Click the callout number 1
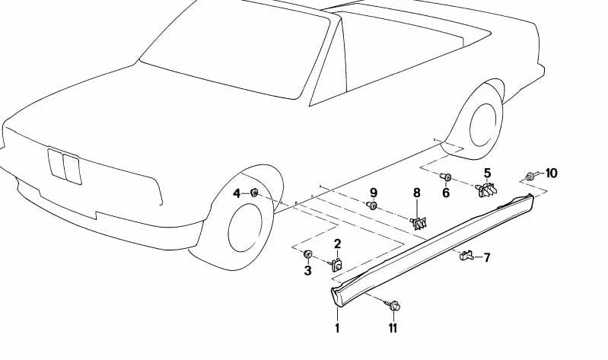337,328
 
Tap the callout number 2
337,244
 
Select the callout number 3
307,270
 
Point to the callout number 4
237,193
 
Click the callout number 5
487,173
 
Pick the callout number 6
446,193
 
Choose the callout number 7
487,257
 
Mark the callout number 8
417,193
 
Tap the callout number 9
374,193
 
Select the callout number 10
551,173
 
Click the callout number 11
393,328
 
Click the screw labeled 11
393,305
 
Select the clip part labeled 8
419,223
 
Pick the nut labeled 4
254,192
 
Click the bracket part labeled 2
336,265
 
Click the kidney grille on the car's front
65,165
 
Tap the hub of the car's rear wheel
482,125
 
